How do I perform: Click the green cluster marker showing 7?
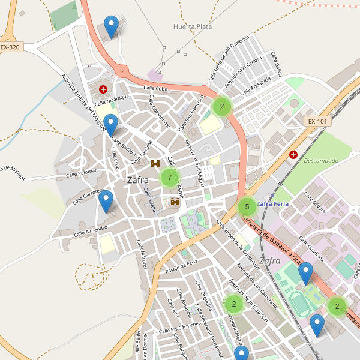[x=170, y=178]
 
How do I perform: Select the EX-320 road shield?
[x=10, y=46]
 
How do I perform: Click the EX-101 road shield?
[x=317, y=121]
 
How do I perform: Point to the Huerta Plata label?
[x=192, y=26]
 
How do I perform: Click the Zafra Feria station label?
[x=272, y=204]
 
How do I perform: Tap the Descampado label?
[x=321, y=161]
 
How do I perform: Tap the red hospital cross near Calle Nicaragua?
[x=103, y=89]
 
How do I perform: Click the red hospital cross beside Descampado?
[x=293, y=155]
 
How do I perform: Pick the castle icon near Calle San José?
[x=155, y=163]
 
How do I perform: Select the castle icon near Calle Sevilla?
[x=176, y=202]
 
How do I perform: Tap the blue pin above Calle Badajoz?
[x=111, y=125]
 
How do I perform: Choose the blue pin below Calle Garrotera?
[x=106, y=201]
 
